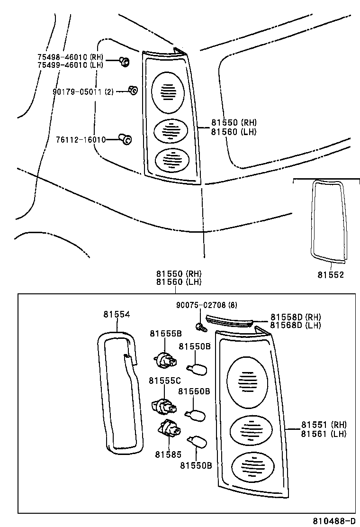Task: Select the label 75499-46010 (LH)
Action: coord(70,65)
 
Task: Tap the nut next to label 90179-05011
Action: coord(133,90)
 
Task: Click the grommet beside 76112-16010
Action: coord(126,139)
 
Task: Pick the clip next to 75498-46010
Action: coord(124,61)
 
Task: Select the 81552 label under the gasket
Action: coord(331,275)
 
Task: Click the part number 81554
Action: coord(117,314)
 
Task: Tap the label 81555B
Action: coord(165,333)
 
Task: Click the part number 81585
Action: coord(168,454)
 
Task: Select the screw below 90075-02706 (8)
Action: coord(200,327)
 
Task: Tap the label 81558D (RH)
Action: coord(296,317)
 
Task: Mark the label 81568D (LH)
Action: coord(296,325)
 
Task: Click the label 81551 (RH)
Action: coord(324,425)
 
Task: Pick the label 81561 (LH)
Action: coord(324,433)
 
